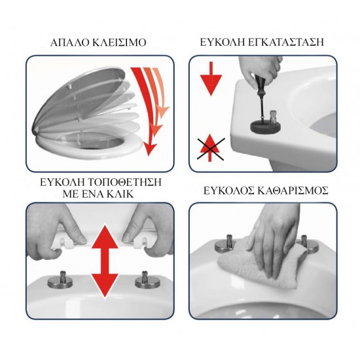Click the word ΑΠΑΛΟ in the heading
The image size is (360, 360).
(x=69, y=43)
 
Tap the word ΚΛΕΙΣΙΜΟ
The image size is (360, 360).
(x=119, y=43)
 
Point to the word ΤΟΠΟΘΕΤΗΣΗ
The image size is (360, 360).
(x=125, y=183)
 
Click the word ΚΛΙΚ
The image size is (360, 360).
(x=120, y=194)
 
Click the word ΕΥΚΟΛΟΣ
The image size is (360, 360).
(x=226, y=190)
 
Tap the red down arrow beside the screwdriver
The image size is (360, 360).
(x=211, y=79)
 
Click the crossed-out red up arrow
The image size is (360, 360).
(x=211, y=148)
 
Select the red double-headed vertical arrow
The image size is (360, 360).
(x=105, y=261)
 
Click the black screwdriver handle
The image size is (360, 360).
(x=259, y=83)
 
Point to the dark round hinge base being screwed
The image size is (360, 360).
(x=264, y=126)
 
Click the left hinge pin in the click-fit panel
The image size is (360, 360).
(x=60, y=279)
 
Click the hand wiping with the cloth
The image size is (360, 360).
(x=273, y=239)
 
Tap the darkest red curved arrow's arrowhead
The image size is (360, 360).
(x=150, y=149)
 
